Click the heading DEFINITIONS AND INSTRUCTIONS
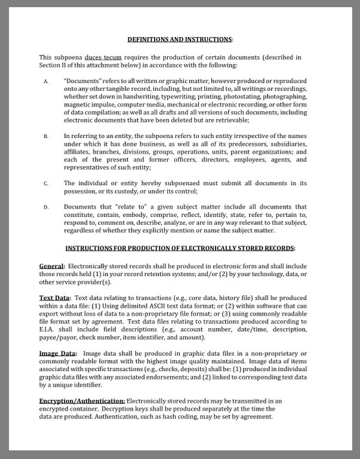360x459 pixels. [x=180, y=39]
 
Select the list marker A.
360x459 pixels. [x=46, y=81]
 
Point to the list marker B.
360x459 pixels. [x=46, y=136]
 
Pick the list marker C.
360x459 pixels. [x=46, y=183]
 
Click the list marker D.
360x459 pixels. [x=46, y=207]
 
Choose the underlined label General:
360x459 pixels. [x=52, y=265]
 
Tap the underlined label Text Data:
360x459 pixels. [x=55, y=298]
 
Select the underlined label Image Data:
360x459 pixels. [x=58, y=353]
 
